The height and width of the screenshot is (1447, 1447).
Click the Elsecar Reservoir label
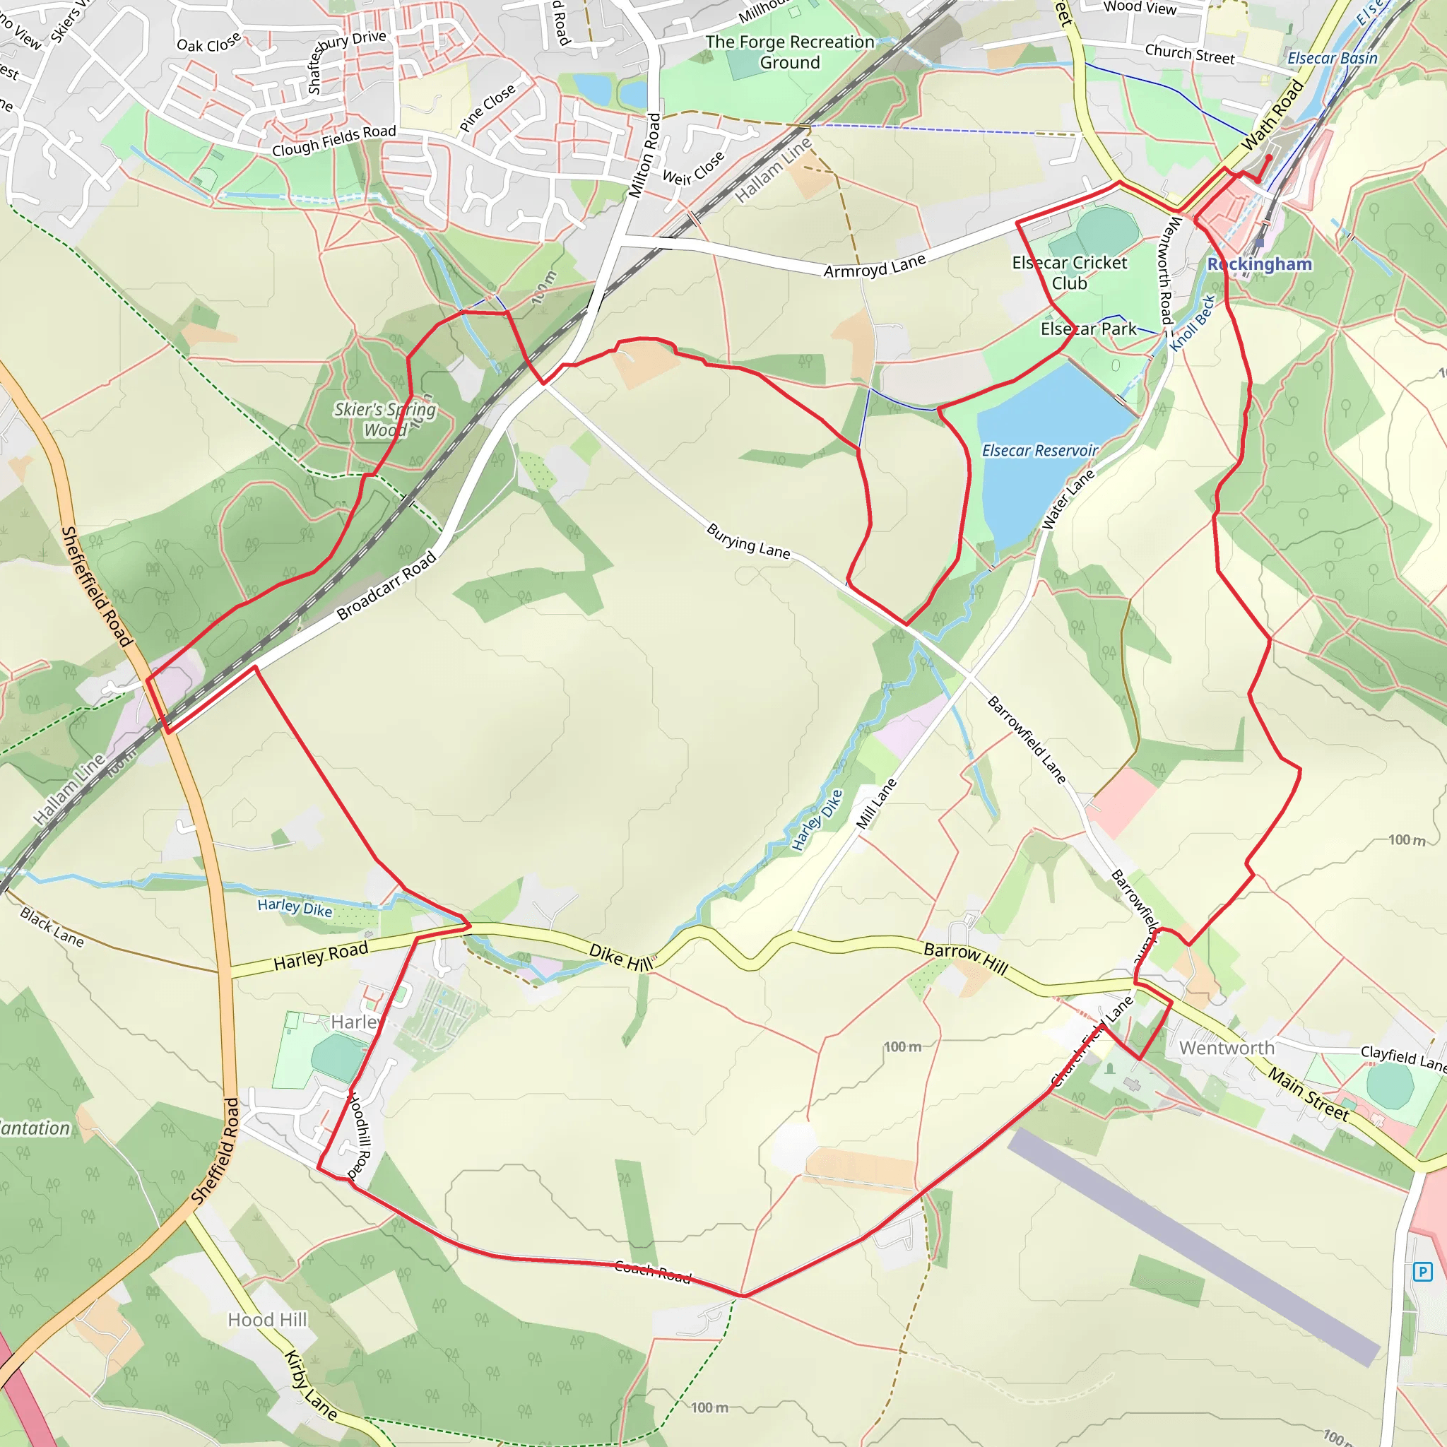1039,450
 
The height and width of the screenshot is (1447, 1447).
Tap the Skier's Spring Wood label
385,420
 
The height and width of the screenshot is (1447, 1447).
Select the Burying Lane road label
748,541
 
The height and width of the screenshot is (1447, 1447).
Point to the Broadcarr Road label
386,586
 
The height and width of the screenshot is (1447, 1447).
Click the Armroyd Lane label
875,266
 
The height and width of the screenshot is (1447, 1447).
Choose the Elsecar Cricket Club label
1070,273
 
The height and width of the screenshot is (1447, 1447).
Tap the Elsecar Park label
1088,329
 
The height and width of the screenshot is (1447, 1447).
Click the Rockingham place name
1260,264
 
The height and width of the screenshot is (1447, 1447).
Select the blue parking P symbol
1422,1271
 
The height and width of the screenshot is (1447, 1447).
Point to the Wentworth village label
1227,1048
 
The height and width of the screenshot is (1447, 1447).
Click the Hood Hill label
267,1319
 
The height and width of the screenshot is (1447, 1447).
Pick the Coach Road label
652,1271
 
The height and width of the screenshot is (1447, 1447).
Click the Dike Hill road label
621,957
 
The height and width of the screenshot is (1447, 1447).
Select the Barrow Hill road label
965,958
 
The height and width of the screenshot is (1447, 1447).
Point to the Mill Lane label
876,803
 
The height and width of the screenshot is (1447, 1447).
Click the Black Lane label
52,926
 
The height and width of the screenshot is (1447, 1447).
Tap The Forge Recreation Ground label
790,52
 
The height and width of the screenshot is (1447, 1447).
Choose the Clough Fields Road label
334,141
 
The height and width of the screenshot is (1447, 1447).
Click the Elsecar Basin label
1333,59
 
